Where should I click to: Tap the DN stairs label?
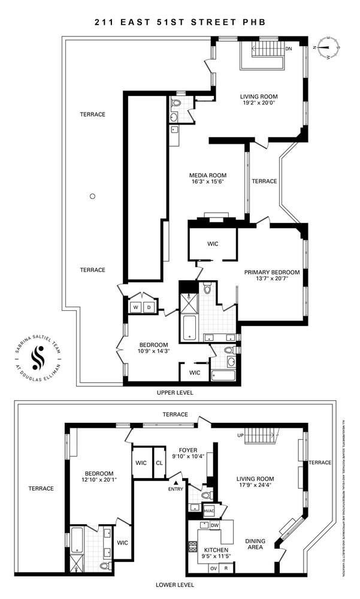click(x=289, y=49)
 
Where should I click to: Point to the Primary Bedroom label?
click(x=271, y=272)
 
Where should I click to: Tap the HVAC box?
click(x=209, y=511)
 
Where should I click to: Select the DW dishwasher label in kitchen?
click(x=214, y=525)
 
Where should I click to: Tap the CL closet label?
click(x=159, y=462)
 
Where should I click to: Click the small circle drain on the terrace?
click(x=92, y=195)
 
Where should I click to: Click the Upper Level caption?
click(x=180, y=392)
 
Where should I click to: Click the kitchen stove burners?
click(x=193, y=546)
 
